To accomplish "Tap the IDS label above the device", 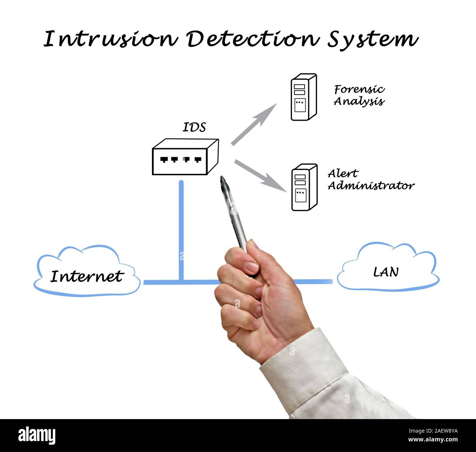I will pos(194,127).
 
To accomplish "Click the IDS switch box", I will pos(185,157).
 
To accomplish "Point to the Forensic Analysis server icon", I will pos(304,97).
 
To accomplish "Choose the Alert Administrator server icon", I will pos(304,187).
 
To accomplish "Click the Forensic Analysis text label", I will pos(359,95).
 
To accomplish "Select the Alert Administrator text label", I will pos(371,180).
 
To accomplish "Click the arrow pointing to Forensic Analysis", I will pos(254,124).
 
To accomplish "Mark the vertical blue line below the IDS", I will pos(181,230).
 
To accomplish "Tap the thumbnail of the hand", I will pos(252,267).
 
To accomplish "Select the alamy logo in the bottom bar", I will pos(37,436).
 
